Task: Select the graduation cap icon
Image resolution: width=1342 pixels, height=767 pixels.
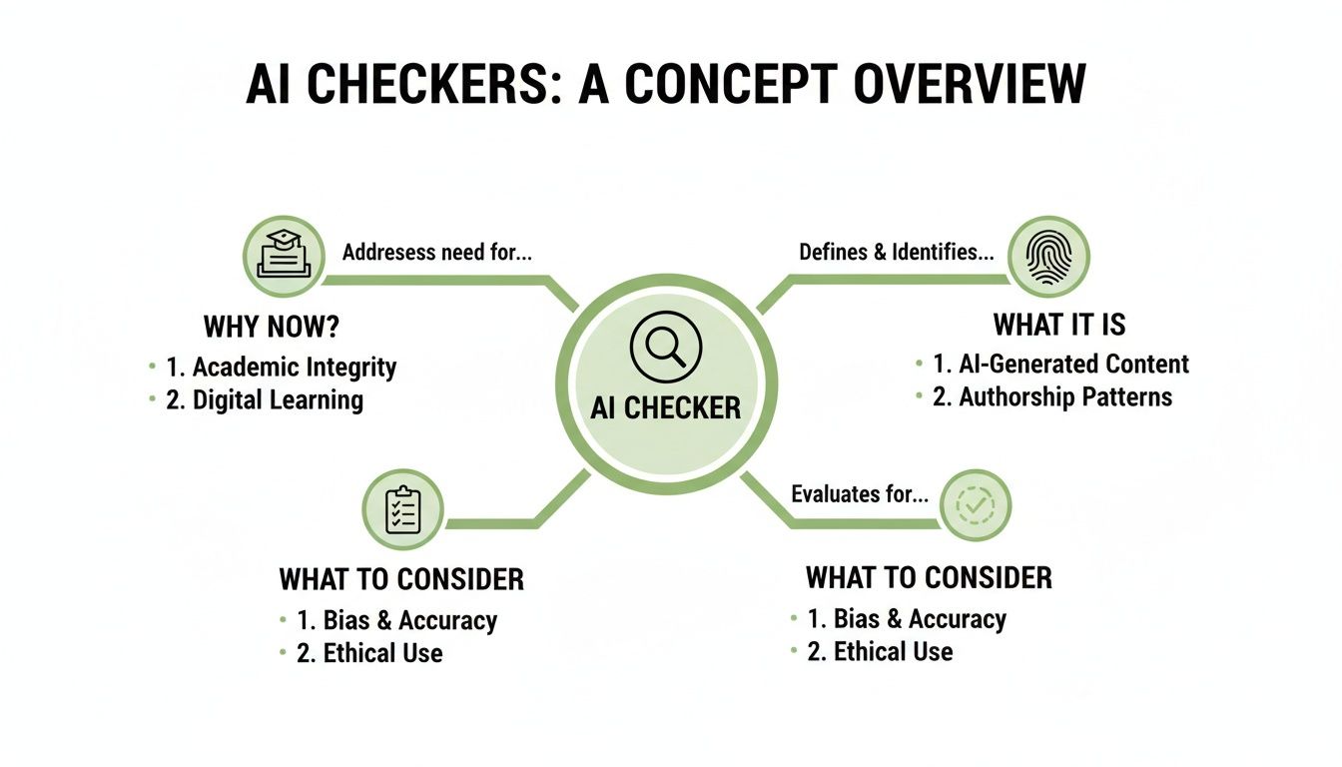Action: (284, 256)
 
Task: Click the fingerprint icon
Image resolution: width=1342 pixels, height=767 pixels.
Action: (1047, 257)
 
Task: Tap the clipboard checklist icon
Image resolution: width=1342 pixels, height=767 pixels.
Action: (402, 509)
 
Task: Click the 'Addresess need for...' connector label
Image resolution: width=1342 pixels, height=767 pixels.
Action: (436, 253)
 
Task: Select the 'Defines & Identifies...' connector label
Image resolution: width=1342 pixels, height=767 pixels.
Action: (896, 253)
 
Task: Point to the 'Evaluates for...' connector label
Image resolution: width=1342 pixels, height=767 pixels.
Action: (860, 493)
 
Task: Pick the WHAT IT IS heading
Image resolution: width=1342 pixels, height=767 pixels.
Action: (1059, 325)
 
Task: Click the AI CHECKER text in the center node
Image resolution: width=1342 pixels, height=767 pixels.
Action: (666, 407)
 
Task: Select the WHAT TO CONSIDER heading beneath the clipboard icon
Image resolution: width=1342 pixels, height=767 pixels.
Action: (401, 579)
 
